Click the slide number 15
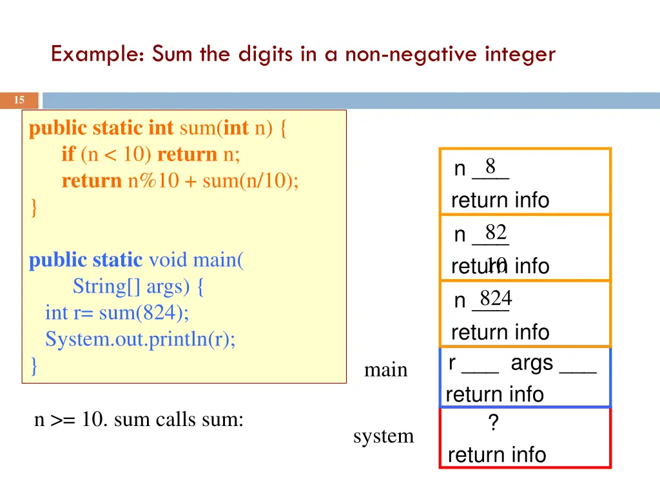point(19,100)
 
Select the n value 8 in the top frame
point(490,166)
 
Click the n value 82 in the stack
point(496,232)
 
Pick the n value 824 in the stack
point(496,298)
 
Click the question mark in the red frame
point(493,423)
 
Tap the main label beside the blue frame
point(385,370)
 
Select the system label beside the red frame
point(383,436)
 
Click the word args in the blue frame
point(532,363)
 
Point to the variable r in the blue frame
point(452,364)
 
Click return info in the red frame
point(496,455)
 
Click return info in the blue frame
point(494,394)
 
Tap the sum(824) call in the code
point(144,313)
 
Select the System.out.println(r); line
point(140,339)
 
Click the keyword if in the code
point(68,155)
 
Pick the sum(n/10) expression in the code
point(250,181)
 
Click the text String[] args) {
point(139,286)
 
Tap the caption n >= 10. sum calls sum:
point(139,420)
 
